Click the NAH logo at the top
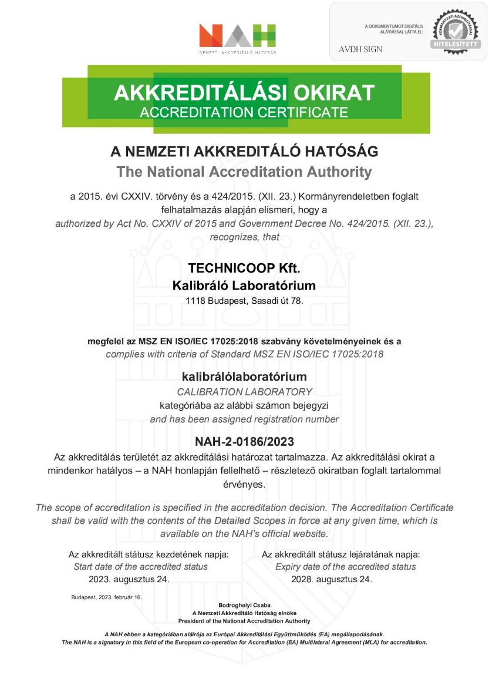237,36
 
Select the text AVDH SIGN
360,49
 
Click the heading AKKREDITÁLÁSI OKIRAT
244,93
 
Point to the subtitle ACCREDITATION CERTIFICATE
244,112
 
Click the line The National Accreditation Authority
244,172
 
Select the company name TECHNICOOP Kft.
244,268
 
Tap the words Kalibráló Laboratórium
244,286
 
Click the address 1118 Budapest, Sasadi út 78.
244,301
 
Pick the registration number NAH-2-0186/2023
244,441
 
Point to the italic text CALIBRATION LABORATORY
244,391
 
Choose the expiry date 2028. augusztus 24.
332,579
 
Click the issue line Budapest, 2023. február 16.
106,597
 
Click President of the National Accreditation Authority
244,621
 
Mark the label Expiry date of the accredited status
345,567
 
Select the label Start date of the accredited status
140,567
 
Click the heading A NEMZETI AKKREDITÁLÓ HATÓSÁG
244,152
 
